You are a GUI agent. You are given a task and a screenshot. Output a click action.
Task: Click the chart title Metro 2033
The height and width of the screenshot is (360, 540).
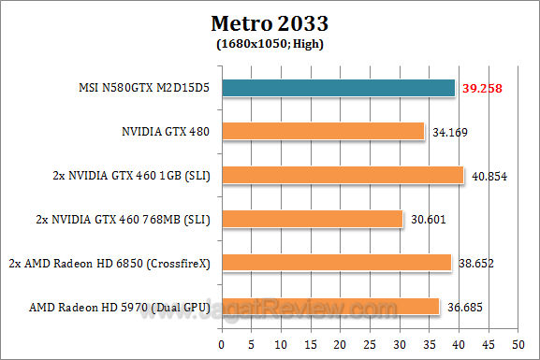pyautogui.click(x=270, y=22)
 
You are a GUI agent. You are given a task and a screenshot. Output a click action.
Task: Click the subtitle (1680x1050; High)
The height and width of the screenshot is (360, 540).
pyautogui.click(x=270, y=41)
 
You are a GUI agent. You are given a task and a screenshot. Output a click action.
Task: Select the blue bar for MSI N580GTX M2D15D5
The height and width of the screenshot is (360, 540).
pyautogui.click(x=338, y=88)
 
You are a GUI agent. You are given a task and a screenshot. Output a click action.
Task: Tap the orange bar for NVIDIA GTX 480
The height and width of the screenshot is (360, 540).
pyautogui.click(x=323, y=132)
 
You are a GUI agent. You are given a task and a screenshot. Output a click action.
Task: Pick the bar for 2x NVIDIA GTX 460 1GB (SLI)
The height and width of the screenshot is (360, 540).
pyautogui.click(x=343, y=175)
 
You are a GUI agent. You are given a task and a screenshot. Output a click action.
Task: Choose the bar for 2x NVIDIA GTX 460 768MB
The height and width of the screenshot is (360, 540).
pyautogui.click(x=313, y=219)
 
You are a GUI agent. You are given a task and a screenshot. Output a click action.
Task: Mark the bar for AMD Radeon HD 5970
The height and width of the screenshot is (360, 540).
pyautogui.click(x=330, y=306)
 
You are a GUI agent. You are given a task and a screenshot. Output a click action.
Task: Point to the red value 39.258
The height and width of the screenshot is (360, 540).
pyautogui.click(x=481, y=88)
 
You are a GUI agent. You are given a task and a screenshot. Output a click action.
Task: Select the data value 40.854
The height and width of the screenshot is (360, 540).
pyautogui.click(x=487, y=175)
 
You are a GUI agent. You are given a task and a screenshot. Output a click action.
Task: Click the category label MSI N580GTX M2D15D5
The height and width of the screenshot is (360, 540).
pyautogui.click(x=142, y=88)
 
